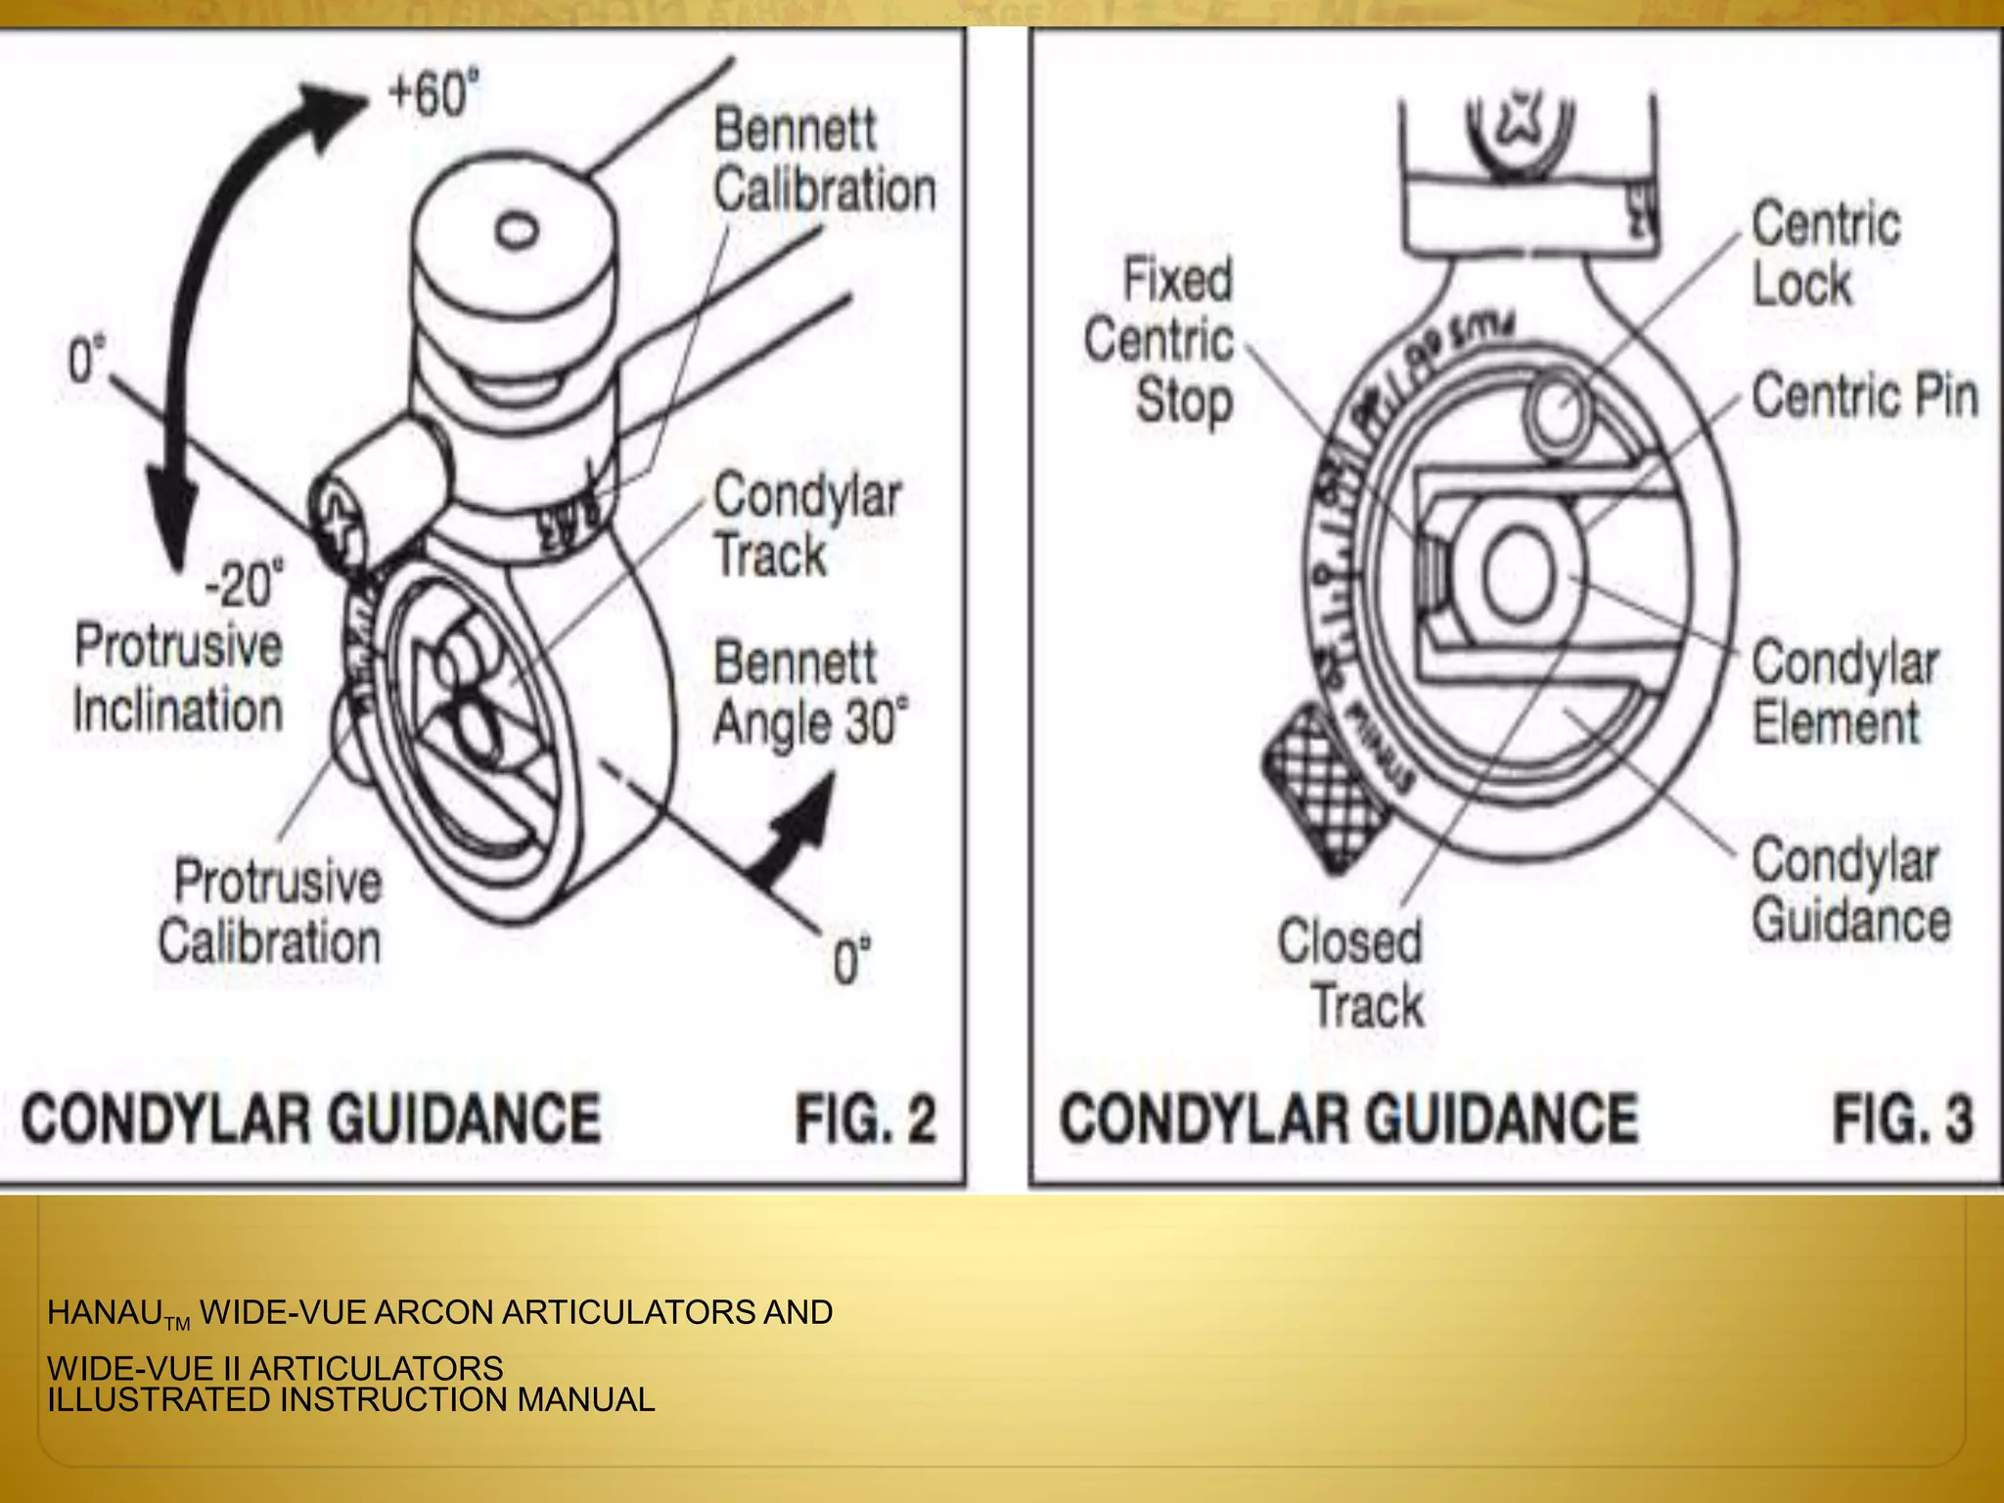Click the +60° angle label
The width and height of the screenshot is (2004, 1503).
coord(433,95)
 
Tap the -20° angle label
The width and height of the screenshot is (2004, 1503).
coord(244,584)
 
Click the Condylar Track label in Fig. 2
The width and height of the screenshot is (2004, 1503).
coord(805,525)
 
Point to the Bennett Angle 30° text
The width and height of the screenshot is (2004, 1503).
coord(809,693)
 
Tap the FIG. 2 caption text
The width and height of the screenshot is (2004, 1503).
coord(865,1118)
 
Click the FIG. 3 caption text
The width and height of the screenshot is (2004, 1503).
coord(1902,1118)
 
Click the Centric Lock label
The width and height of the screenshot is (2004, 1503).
coord(1824,254)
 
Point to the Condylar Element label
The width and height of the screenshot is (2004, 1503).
coord(1844,693)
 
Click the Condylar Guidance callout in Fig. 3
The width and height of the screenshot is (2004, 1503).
coord(1849,890)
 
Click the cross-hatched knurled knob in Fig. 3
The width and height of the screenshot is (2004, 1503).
coord(1323,786)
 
